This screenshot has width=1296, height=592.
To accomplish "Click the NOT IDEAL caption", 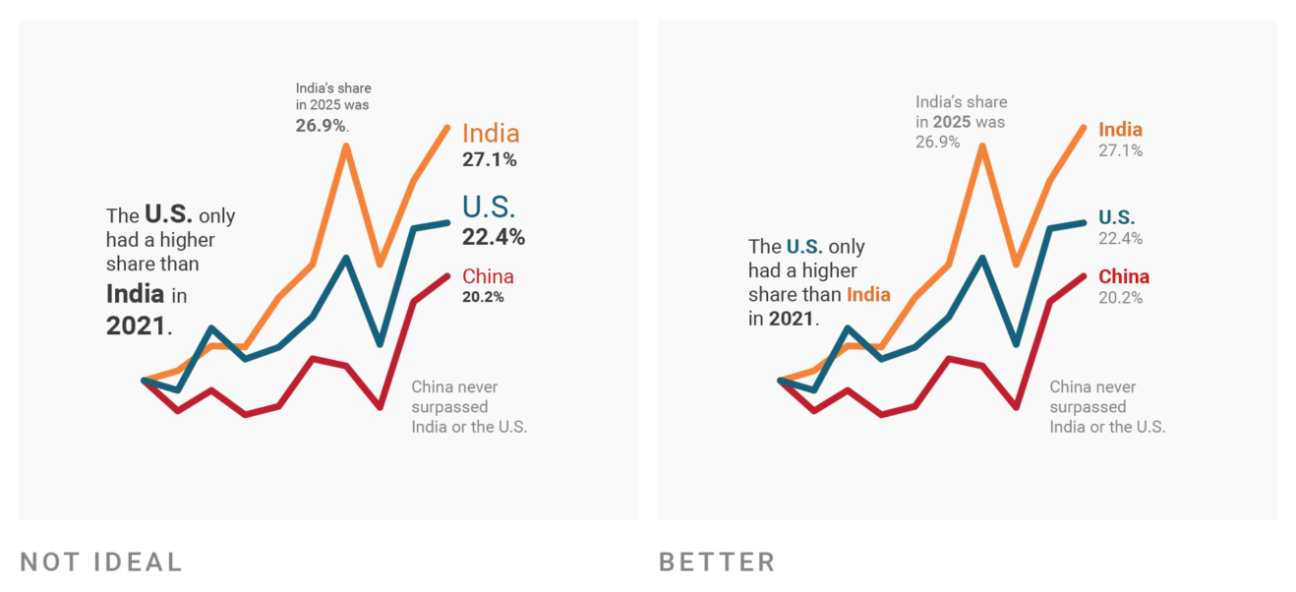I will [101, 562].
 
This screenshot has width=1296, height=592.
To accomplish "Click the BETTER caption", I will [717, 562].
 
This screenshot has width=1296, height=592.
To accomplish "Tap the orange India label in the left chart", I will [491, 134].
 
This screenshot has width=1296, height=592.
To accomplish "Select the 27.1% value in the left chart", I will [489, 159].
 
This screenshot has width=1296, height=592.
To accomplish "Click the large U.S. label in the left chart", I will [489, 207].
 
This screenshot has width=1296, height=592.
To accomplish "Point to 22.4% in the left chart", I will [493, 237].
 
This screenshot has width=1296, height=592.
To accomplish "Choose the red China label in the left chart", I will [488, 276].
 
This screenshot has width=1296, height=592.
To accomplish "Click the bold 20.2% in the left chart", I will [483, 297].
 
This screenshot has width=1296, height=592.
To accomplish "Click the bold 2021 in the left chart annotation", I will [136, 326].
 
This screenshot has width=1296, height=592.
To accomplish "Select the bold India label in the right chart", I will [1120, 130].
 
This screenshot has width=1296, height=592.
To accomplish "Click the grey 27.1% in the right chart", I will [1120, 151].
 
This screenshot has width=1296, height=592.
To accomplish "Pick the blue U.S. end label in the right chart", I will [1116, 217].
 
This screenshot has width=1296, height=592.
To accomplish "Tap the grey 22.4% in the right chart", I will [1120, 239].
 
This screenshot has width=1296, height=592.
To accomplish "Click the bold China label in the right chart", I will [1123, 276].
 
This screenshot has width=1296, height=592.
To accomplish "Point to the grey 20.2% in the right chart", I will [1120, 298].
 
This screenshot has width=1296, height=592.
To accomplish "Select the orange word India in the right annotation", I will [868, 295].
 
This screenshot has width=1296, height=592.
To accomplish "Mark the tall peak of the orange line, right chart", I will [981, 146].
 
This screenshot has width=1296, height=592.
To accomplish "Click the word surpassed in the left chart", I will [449, 407].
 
